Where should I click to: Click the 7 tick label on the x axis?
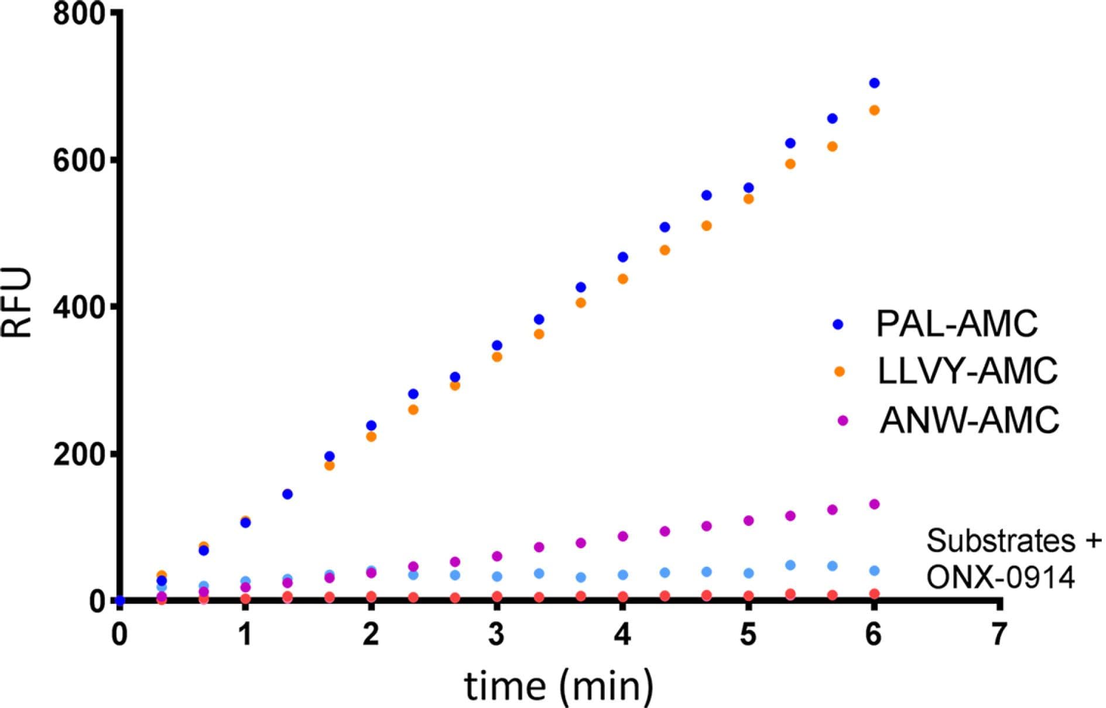999,634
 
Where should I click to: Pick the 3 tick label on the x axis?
496,634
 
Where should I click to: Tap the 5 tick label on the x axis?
748,634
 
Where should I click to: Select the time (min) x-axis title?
559,685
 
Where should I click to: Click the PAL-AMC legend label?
957,323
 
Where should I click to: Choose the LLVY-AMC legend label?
967,371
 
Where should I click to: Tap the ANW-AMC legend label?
969,420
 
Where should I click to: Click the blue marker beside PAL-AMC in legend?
838,324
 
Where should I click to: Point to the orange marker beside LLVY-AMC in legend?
840,371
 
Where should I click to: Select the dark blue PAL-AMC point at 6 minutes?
874,83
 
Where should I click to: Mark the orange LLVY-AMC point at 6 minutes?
874,110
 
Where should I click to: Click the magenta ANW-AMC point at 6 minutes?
874,504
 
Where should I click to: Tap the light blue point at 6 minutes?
874,570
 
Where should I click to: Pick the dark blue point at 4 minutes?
623,257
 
